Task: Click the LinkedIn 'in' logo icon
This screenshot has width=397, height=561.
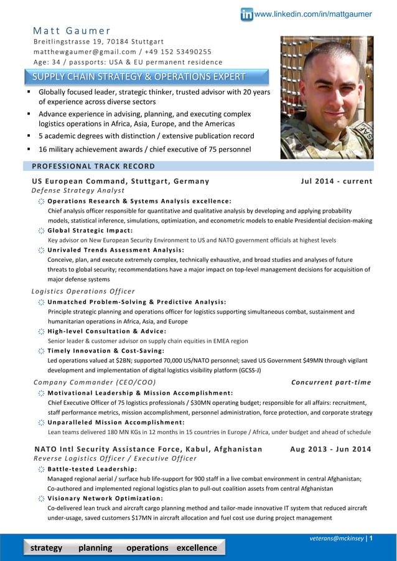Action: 246,14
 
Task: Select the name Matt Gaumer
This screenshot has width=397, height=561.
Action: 72,30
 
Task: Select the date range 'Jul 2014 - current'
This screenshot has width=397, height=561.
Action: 336,182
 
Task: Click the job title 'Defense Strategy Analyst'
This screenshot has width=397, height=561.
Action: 78,190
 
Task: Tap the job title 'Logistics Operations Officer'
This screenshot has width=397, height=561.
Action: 83,291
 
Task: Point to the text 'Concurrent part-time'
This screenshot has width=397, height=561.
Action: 331,382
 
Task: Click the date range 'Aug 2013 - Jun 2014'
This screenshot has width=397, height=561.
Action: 331,450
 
